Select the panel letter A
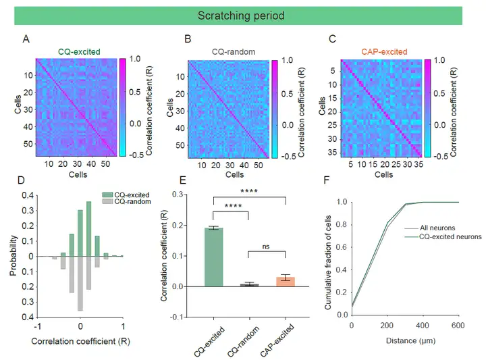26,39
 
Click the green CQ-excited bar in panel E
213,257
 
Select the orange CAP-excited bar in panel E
286,282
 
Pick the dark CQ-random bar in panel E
250,285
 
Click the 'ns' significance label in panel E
268,247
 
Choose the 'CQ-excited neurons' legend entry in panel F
450,236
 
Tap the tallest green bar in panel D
88,229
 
